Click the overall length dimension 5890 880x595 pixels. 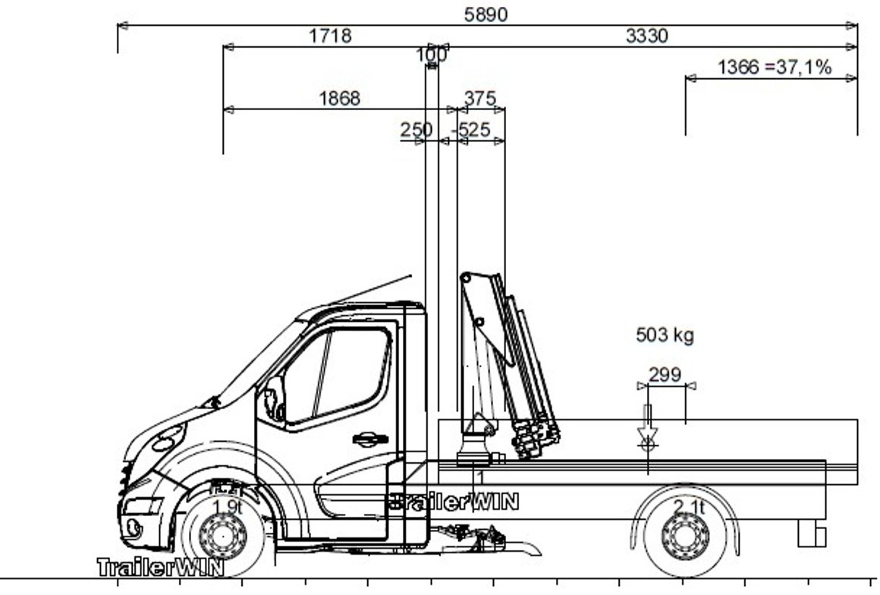[486, 14]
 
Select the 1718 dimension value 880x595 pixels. [330, 36]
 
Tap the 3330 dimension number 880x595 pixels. [646, 36]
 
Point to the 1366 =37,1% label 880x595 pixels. [774, 68]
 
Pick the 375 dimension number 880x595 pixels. [479, 99]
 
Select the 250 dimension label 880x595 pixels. [416, 130]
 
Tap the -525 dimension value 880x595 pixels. [471, 130]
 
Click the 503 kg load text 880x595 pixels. [665, 335]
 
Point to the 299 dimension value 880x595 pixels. [665, 375]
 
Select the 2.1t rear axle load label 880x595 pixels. [689, 507]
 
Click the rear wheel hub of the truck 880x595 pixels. [684, 537]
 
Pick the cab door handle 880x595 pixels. [370, 439]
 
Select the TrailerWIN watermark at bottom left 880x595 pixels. [160, 567]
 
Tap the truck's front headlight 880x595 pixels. [168, 438]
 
